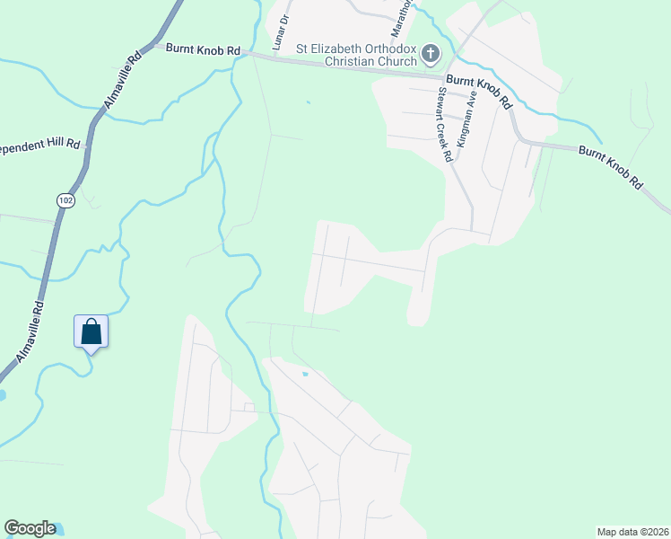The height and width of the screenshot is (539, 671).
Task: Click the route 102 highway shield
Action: [64, 200]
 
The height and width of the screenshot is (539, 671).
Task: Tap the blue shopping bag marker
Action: [91, 331]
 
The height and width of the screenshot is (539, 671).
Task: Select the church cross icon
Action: [431, 55]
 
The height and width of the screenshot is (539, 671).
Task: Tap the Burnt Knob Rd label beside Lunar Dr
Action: [203, 50]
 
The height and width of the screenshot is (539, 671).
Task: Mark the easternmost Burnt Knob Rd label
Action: [611, 166]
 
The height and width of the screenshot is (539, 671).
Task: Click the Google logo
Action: [30, 528]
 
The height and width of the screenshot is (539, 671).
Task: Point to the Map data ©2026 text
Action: [632, 532]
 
